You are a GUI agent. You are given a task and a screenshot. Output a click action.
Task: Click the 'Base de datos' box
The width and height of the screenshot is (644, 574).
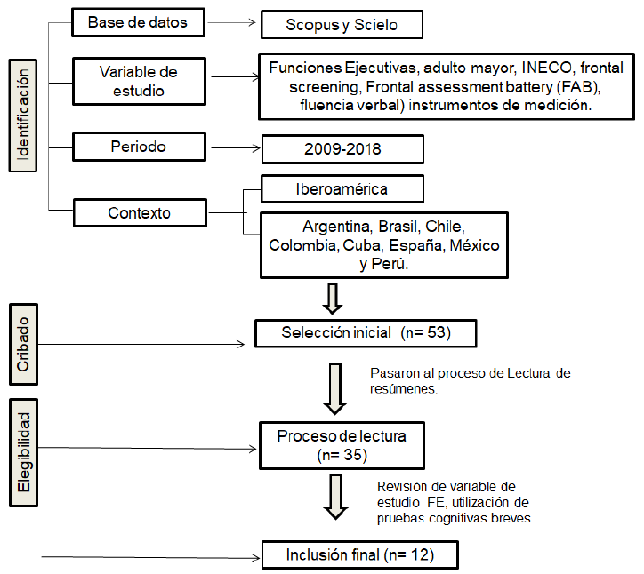[x=137, y=22]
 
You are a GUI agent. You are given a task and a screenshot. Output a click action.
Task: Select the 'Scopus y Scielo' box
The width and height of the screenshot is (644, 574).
[x=342, y=26]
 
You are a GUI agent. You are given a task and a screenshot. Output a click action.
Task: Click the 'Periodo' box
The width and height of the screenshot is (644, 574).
[x=137, y=146]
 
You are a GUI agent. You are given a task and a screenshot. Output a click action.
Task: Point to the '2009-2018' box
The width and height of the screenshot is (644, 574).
[x=342, y=148]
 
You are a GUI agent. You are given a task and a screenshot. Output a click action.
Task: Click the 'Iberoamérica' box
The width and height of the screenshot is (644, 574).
[x=342, y=189]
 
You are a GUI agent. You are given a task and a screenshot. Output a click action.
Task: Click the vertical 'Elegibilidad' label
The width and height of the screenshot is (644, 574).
[x=25, y=453]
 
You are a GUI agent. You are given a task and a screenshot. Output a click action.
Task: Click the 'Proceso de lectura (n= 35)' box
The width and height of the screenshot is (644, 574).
[x=342, y=444]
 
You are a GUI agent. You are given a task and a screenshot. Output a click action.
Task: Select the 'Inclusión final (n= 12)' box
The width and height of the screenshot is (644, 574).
[x=359, y=555]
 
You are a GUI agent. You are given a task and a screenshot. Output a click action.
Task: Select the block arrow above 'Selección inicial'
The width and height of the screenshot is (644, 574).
[x=333, y=298]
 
